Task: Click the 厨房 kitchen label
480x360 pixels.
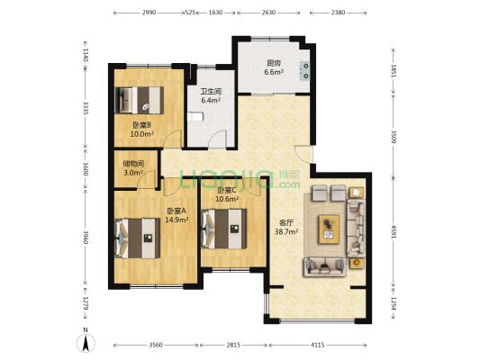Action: [x=274, y=63]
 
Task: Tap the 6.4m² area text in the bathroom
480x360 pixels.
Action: [x=211, y=100]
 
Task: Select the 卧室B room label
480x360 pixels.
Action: [x=141, y=125]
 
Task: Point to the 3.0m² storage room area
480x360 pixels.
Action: [x=133, y=173]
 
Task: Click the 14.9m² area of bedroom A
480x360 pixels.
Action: [x=177, y=220]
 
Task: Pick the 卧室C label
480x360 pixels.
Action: [x=227, y=190]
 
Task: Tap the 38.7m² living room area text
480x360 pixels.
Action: [x=286, y=231]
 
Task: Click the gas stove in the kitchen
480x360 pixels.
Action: [x=305, y=71]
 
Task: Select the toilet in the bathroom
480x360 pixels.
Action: [x=195, y=116]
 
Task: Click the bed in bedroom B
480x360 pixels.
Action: [x=140, y=100]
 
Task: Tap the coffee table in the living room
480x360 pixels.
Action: [x=329, y=229]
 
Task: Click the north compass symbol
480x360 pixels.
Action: [x=86, y=341]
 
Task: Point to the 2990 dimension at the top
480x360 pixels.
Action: [x=149, y=13]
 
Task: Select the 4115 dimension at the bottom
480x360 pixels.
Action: [x=318, y=345]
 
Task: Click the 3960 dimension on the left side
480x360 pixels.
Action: [x=86, y=237]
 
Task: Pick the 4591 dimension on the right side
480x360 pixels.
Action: [x=394, y=231]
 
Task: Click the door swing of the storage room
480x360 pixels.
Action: [x=146, y=179]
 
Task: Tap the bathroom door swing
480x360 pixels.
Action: [x=217, y=139]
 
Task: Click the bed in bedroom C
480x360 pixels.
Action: [x=224, y=229]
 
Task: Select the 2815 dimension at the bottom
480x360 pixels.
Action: [x=233, y=345]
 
